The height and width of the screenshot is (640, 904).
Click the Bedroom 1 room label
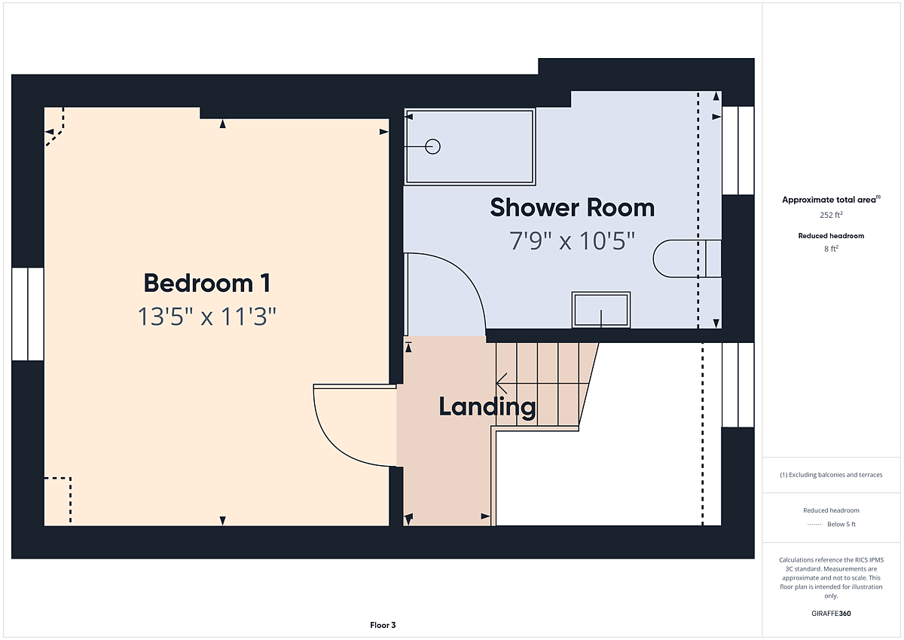(x=207, y=283)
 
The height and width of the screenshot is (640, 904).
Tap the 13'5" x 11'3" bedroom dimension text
(x=207, y=316)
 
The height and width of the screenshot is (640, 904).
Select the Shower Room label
(x=573, y=207)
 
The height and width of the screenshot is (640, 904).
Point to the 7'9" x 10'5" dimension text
(x=573, y=241)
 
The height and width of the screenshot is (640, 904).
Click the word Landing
(x=487, y=407)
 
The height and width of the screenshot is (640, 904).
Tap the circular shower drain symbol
(x=432, y=146)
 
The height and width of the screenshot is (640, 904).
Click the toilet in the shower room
(x=687, y=259)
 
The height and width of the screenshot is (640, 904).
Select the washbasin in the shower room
(x=601, y=310)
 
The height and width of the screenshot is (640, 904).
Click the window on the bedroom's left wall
(x=28, y=314)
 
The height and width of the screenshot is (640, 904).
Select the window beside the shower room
(x=738, y=151)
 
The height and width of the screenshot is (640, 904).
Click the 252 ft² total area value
(x=831, y=215)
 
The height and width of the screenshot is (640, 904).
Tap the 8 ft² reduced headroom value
(x=831, y=249)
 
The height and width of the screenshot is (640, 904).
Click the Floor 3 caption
(x=383, y=625)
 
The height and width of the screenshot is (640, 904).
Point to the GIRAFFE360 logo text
(x=831, y=614)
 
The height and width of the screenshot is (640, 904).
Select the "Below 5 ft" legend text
(x=841, y=524)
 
